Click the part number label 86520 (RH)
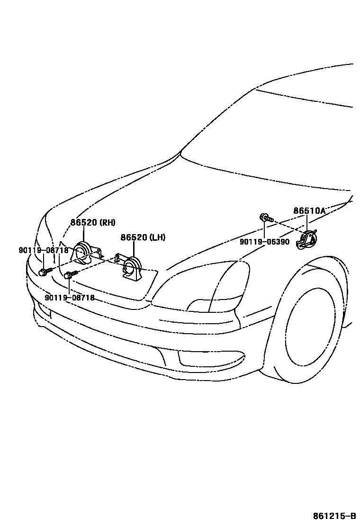(93, 222)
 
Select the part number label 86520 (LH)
(143, 237)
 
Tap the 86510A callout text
(309, 211)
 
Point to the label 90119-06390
(264, 242)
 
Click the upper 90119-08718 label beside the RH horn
(43, 250)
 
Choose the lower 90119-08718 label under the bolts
(70, 298)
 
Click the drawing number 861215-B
(333, 516)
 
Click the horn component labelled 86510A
(306, 239)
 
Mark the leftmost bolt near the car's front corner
(44, 272)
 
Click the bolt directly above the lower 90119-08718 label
(71, 274)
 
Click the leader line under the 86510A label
(307, 222)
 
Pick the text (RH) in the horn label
(107, 222)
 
